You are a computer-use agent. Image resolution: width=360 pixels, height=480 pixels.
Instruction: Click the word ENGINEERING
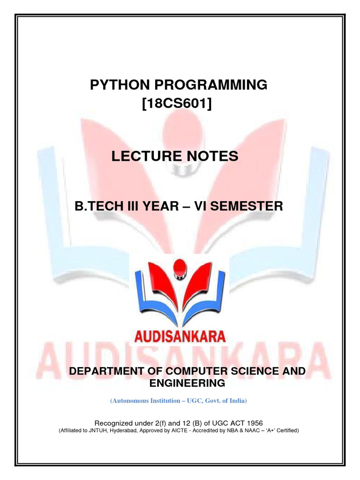pyautogui.click(x=187, y=383)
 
